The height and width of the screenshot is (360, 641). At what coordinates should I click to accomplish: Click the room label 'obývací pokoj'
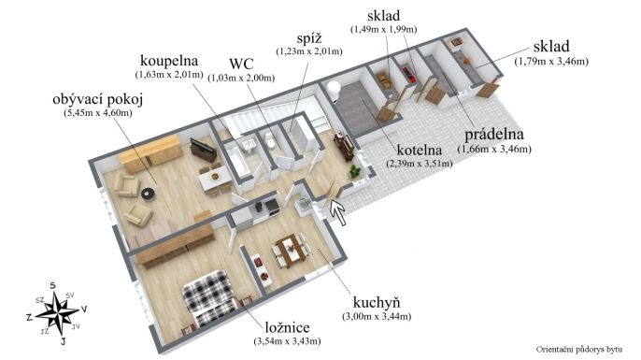[98, 100]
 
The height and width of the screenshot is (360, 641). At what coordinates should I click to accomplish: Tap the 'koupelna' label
[169, 61]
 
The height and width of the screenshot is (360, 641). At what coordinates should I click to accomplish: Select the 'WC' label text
[241, 64]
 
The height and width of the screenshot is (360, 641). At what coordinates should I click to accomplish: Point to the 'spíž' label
[309, 38]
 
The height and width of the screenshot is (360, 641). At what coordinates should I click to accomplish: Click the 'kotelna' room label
[420, 151]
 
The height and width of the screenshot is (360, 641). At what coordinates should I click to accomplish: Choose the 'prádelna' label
[494, 135]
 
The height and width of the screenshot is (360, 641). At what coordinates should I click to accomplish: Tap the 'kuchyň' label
[377, 303]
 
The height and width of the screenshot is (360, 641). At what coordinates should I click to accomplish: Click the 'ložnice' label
[288, 327]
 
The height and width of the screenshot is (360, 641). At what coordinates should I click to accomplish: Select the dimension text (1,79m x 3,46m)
[551, 62]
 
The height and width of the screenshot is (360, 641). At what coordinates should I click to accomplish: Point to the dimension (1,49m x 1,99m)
[383, 29]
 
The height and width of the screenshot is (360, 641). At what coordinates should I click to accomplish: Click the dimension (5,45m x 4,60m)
[98, 113]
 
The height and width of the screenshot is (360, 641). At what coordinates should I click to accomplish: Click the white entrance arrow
[338, 211]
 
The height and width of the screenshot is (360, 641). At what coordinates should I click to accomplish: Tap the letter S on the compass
[52, 285]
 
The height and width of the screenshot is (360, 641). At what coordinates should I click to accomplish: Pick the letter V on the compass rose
[83, 310]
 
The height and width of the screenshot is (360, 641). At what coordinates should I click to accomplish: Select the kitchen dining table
[291, 250]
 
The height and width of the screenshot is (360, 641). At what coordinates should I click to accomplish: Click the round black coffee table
[148, 194]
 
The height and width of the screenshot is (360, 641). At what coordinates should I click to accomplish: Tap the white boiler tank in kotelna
[334, 91]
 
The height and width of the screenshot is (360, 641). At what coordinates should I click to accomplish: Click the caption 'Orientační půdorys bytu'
[579, 350]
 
